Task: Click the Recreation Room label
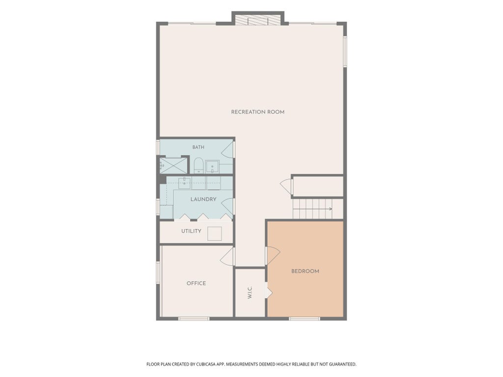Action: coord(257,112)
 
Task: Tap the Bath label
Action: coord(198,147)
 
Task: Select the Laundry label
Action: coord(203,199)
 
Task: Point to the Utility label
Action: coord(191,231)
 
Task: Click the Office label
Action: coord(196,283)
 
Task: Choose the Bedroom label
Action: coord(305,271)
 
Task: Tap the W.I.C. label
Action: coord(250,293)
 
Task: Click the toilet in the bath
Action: coord(199,165)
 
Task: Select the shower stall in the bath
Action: coord(173,165)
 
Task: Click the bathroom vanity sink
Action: coord(212,167)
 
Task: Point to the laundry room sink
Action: coord(185,183)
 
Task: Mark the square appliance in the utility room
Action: coord(215,233)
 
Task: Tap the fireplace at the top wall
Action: coord(258,19)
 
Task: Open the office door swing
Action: coord(227,256)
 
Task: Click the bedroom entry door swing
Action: coord(272,255)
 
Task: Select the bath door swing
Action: coord(228,150)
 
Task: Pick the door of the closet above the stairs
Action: coord(286,186)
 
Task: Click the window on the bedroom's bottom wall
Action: coord(305,318)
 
